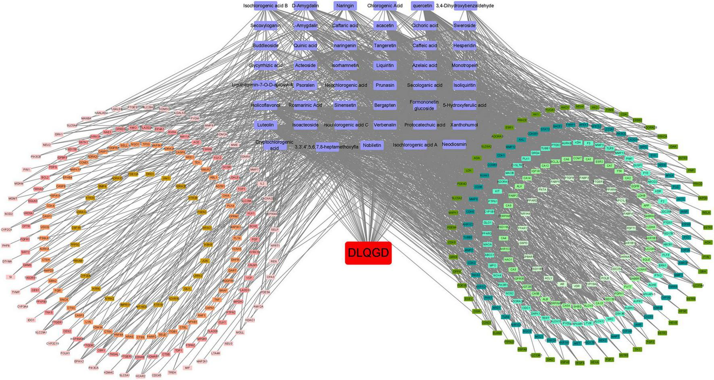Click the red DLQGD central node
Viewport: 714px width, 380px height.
(368, 253)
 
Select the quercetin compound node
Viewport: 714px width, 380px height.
(422, 6)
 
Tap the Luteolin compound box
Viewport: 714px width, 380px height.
(265, 125)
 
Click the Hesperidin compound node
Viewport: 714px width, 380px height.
(465, 46)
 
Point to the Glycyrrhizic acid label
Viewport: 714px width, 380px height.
(266, 65)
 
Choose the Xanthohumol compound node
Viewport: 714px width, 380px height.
(465, 125)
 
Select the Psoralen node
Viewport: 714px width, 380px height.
(305, 86)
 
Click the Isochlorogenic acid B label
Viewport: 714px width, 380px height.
(266, 6)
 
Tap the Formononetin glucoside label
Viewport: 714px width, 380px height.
(424, 105)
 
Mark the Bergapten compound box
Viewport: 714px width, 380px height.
(385, 105)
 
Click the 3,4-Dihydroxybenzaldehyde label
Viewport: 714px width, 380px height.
(465, 6)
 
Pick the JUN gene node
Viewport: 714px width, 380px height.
(205, 261)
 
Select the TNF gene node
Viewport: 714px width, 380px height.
(217, 300)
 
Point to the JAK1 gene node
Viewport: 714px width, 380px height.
(166, 178)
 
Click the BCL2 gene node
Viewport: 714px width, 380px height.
(45, 177)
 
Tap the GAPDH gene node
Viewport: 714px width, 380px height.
(702, 198)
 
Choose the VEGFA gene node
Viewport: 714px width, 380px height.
(580, 363)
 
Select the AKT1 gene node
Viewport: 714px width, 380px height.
(681, 199)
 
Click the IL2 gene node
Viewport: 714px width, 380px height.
(262, 184)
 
